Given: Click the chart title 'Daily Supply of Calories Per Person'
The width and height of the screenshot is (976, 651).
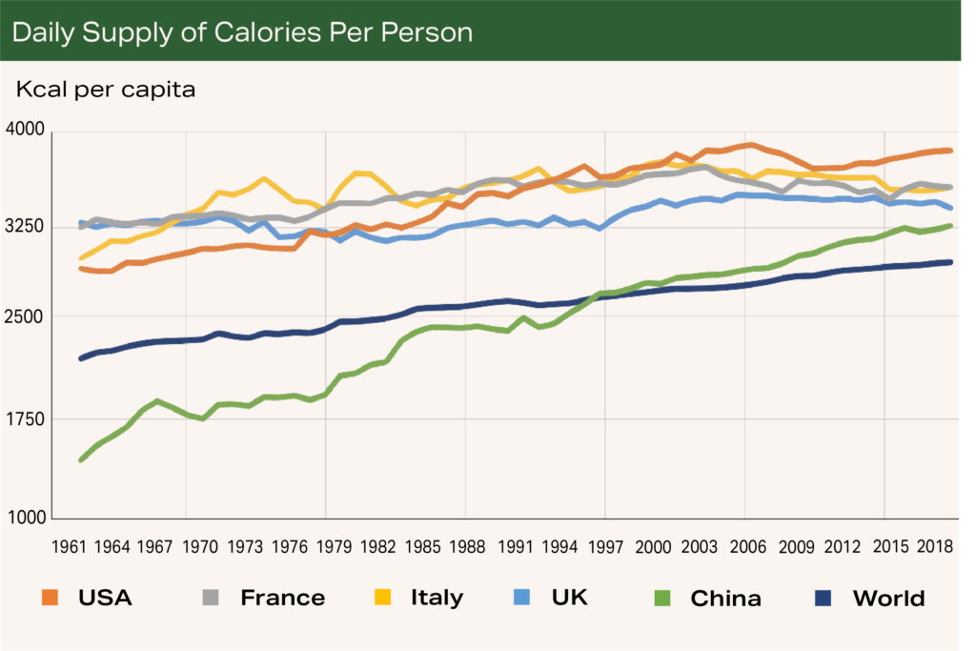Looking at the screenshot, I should tap(242, 32).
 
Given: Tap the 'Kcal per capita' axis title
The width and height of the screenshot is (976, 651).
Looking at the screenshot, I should tap(105, 91).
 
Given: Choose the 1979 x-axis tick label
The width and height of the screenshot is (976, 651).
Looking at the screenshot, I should tap(326, 547).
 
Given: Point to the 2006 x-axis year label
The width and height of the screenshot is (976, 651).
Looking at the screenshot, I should tap(748, 547).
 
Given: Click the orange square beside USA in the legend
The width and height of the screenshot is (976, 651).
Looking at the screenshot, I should tap(52, 598).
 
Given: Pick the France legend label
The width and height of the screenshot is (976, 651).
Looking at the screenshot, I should tap(282, 599).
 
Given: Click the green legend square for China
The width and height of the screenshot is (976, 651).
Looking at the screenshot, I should tap(663, 598).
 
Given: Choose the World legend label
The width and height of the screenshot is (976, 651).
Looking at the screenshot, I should tap(887, 599).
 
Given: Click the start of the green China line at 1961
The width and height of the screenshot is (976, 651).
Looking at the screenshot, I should tap(81, 460).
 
